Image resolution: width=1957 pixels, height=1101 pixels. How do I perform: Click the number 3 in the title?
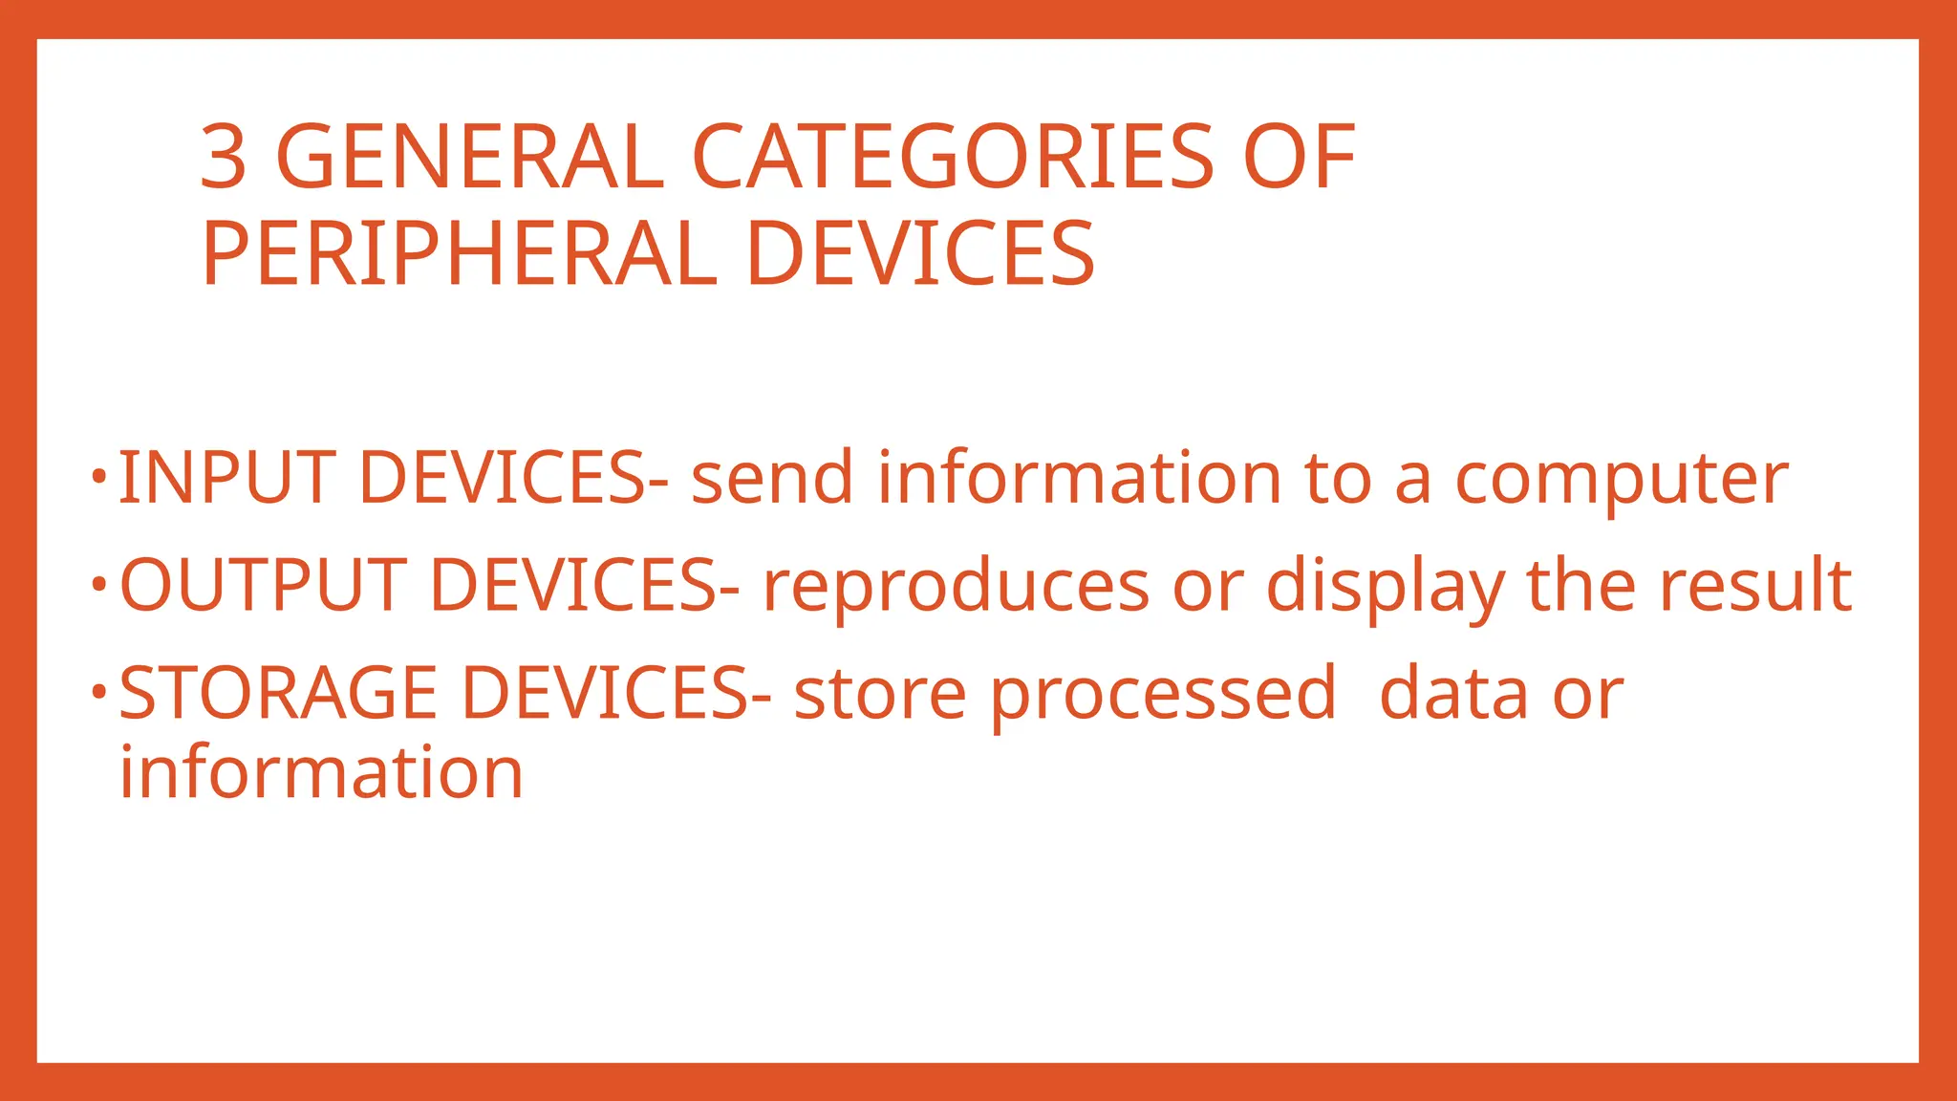click(x=224, y=157)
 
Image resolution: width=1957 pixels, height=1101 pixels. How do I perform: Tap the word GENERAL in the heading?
click(x=469, y=157)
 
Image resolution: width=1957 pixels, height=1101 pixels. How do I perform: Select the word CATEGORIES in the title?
click(x=953, y=157)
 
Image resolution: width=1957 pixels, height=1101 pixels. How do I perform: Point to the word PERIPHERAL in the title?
click(x=460, y=253)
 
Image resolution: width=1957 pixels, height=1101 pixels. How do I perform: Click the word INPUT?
click(x=226, y=478)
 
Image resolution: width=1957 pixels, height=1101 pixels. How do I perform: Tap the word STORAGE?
click(x=278, y=693)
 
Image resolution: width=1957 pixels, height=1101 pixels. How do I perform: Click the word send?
click(x=772, y=478)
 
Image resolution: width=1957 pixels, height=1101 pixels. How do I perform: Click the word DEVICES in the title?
click(x=920, y=253)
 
